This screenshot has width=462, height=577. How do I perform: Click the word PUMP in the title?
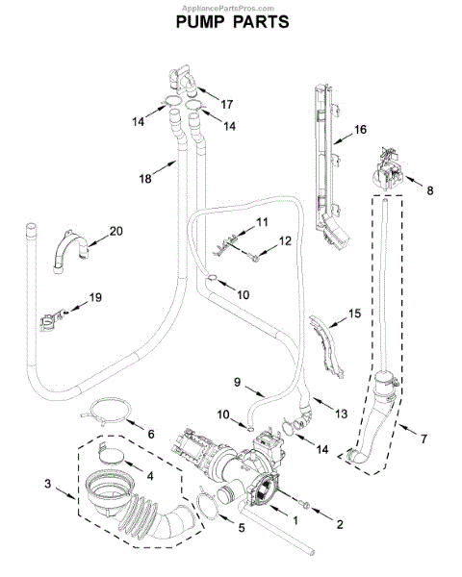coord(199,22)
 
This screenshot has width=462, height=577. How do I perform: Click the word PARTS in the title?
coord(261,22)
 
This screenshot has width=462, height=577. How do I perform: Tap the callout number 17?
coord(226,105)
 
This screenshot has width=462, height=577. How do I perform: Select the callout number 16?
coord(360,129)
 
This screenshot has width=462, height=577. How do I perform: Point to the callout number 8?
coord(430,190)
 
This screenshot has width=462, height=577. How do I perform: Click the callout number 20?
coord(116,231)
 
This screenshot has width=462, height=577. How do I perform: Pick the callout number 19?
coord(95,297)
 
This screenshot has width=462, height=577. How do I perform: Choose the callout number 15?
coord(354,314)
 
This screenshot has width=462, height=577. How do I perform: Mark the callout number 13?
coord(341,414)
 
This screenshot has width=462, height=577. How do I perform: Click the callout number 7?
coord(423,439)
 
